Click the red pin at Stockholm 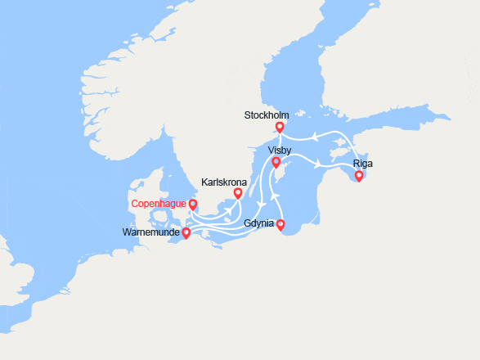click(280, 127)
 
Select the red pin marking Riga click(358, 175)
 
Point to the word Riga click(363, 164)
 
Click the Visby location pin click(276, 162)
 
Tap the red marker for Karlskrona click(238, 193)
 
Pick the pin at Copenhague click(193, 204)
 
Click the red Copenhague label click(159, 203)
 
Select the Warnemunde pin click(186, 232)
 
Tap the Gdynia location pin click(280, 224)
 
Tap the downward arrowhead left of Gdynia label click(260, 205)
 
